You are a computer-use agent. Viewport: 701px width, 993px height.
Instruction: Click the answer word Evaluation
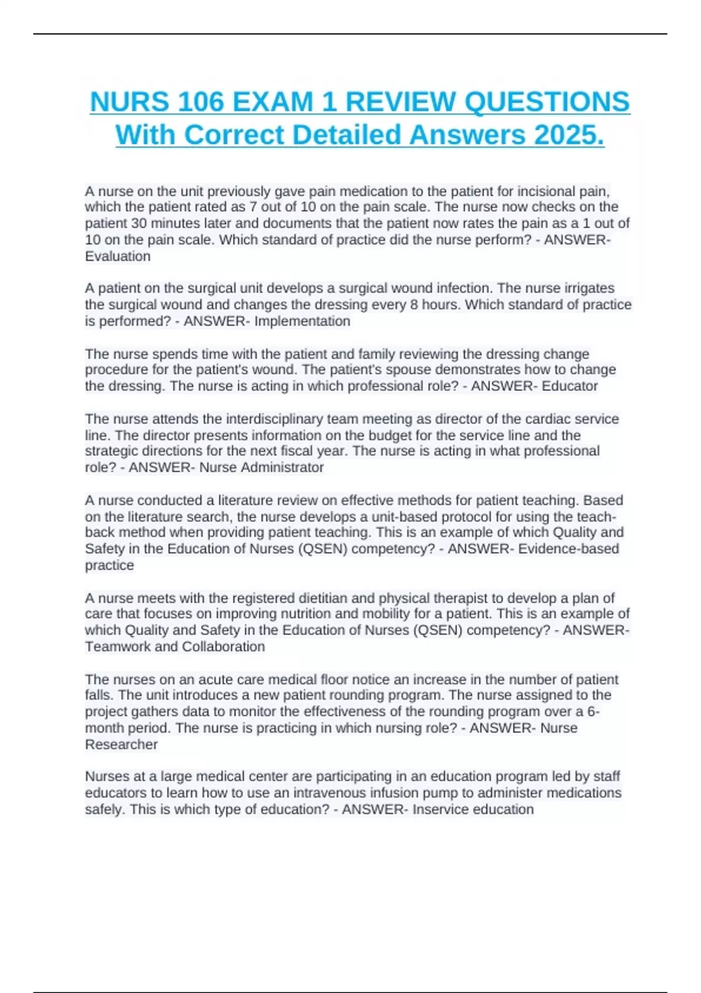point(117,256)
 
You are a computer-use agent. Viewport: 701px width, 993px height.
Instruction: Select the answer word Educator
point(570,386)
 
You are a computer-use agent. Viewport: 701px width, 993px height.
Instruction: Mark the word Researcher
point(121,745)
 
